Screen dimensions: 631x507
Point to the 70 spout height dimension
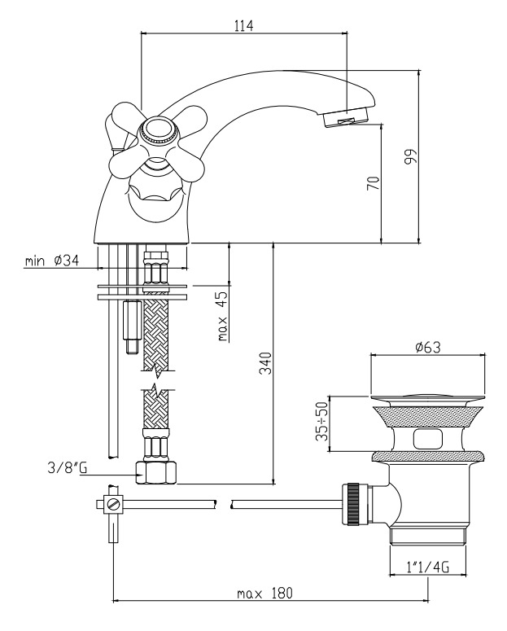373,182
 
